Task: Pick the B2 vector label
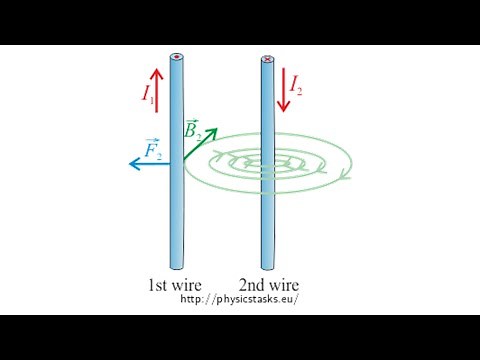194,129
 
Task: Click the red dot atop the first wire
176,58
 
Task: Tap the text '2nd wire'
269,284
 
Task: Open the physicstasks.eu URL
239,299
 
